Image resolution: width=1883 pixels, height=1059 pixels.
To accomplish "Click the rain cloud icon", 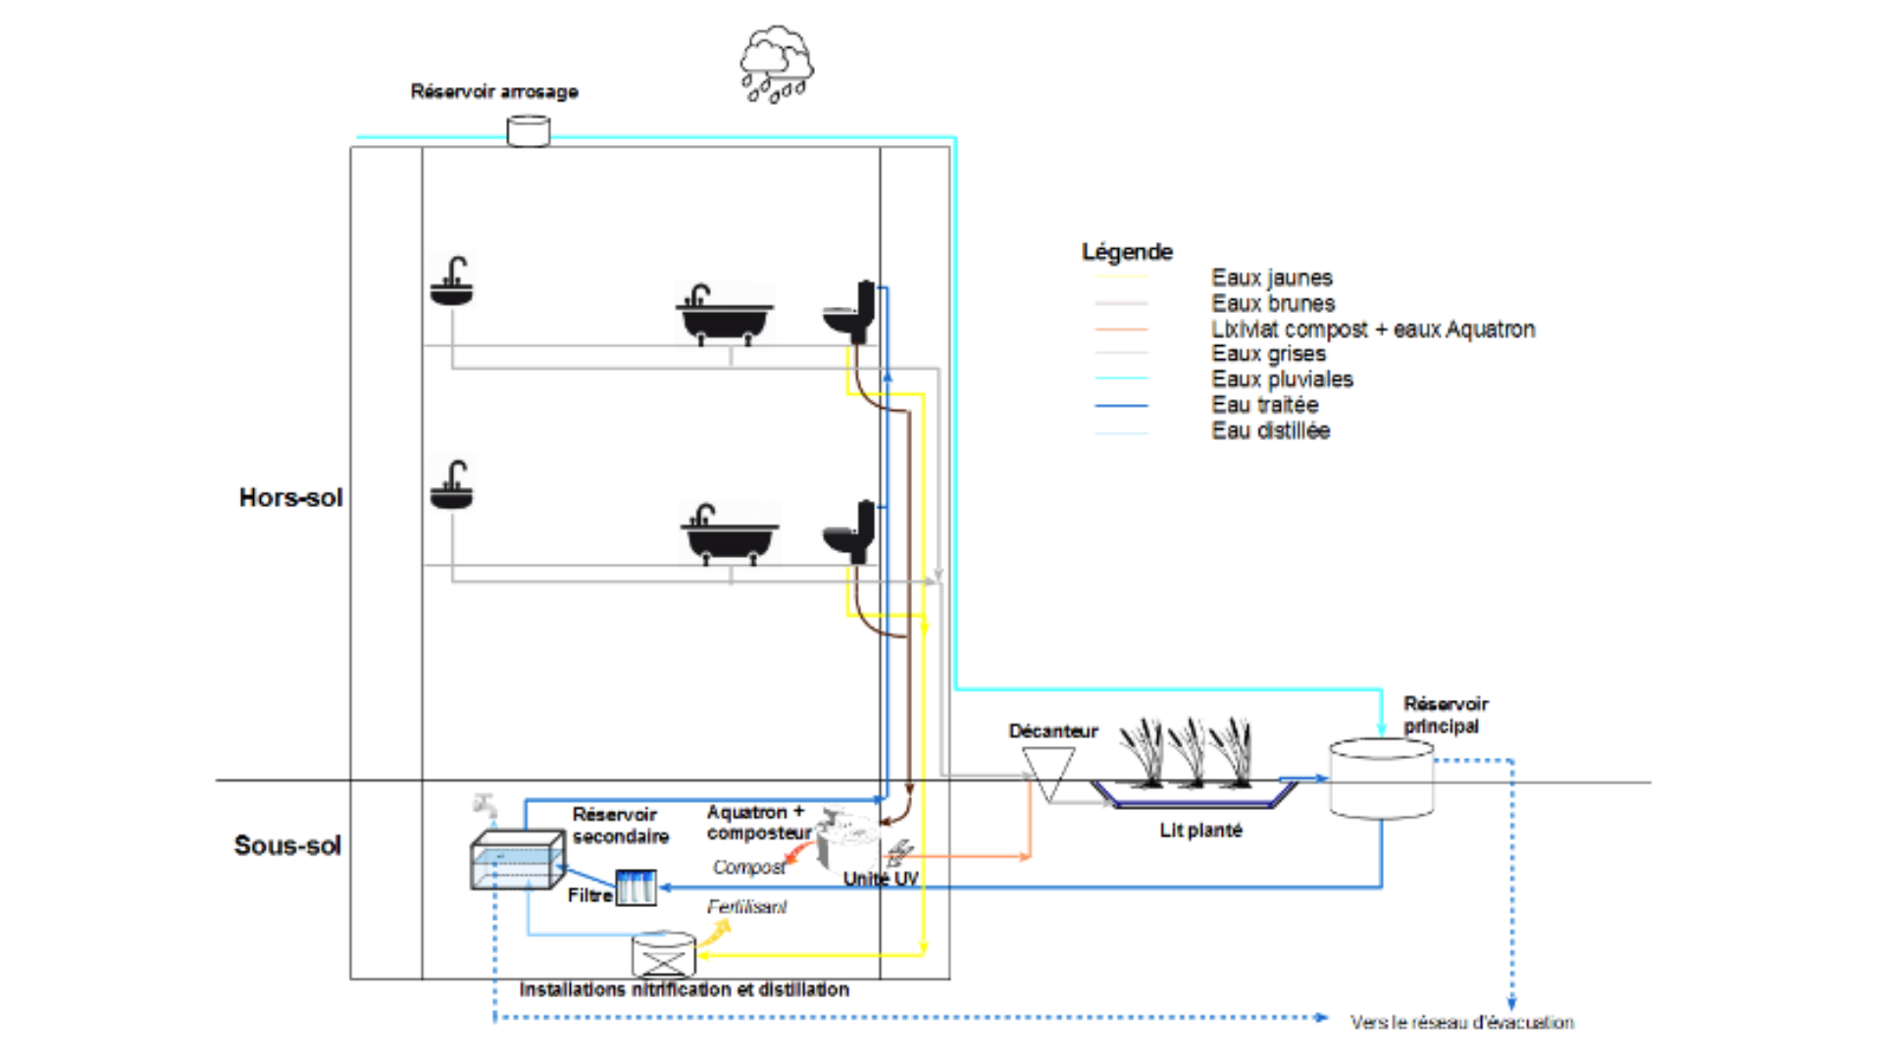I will coord(777,65).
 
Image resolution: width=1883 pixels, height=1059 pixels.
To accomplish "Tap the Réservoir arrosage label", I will coord(494,91).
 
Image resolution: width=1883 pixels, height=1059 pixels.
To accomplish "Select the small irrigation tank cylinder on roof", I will coord(528,130).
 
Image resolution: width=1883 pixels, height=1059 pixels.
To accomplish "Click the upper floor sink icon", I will coord(451,281).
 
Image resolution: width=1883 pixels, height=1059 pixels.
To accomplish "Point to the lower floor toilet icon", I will coord(849,531).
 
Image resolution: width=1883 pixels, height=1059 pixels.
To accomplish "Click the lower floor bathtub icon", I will coord(730,532).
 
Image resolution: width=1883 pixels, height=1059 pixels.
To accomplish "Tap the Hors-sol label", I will coord(290,497).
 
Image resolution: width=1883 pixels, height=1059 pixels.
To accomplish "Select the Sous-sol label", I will coord(287,845).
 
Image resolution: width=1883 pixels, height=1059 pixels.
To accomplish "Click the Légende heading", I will coord(1127,252).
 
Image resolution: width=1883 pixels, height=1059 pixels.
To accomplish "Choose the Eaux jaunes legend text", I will coord(1271,277).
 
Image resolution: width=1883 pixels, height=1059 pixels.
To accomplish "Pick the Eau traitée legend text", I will coord(1264,405).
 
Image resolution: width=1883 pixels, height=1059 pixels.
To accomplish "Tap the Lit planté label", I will coord(1200,831).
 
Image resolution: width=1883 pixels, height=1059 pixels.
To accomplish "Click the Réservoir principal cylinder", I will coord(1381,779).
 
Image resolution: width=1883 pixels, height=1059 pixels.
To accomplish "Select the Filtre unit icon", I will coord(636,886).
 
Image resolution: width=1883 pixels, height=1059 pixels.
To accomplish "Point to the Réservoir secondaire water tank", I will coord(517,860).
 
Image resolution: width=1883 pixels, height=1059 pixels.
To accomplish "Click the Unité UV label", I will coord(881,879).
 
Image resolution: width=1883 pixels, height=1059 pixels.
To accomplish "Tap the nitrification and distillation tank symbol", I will coord(663,954).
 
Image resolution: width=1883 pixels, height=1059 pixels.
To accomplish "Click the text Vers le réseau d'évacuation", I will coord(1461,1022).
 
